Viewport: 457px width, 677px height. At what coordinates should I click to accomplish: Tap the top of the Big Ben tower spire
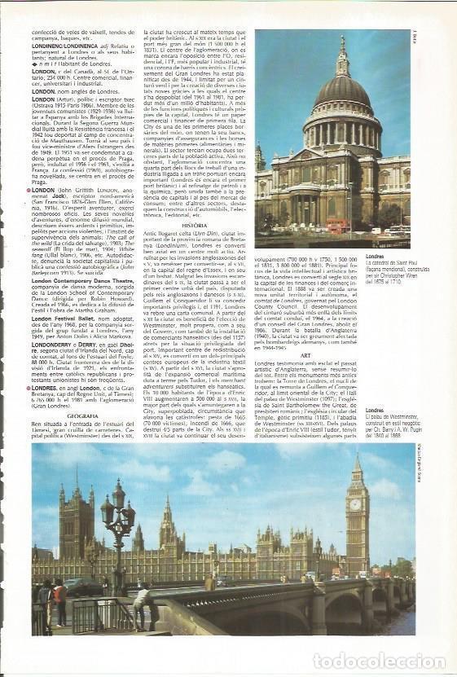(356, 455)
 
